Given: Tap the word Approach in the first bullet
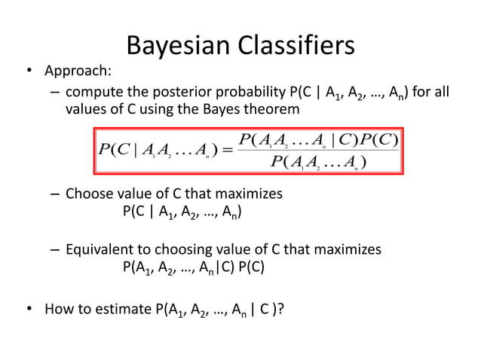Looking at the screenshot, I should (x=78, y=72).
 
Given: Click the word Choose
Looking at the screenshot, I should (x=88, y=194).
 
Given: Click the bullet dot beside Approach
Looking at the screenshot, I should (x=29, y=72).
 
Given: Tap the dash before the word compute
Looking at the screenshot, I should (x=55, y=92).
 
